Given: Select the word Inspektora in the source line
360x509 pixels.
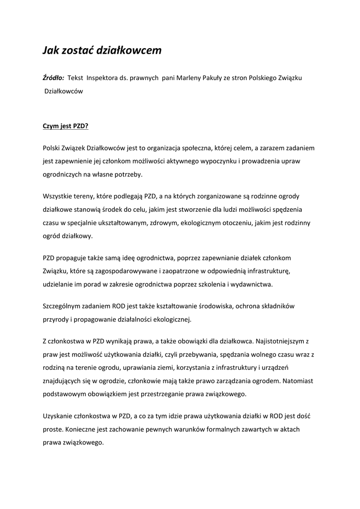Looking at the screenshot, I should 103,78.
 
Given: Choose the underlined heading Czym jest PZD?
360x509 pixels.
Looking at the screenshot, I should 65,126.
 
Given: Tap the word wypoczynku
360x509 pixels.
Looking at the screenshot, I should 223,161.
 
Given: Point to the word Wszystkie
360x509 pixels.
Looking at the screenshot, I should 58,196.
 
